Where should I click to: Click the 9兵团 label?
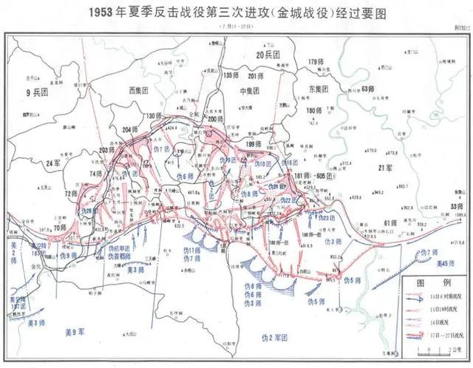35,93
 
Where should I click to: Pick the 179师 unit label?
316,61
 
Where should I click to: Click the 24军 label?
52,162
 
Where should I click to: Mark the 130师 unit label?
154,116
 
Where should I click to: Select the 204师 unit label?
129,131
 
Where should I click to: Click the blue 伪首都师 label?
118,256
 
